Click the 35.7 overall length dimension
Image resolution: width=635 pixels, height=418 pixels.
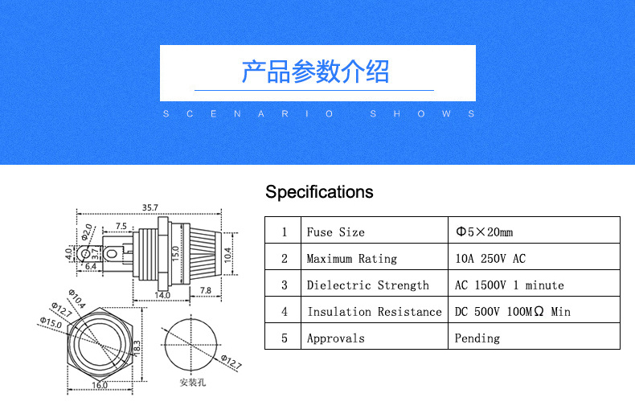tap(150, 207)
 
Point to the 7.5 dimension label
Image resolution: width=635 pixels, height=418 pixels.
tap(121, 226)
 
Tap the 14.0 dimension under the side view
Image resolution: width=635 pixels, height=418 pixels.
tap(162, 295)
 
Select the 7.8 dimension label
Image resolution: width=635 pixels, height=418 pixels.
tap(205, 290)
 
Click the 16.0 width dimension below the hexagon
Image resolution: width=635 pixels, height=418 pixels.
tap(100, 385)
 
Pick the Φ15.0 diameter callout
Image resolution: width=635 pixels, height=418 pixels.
tap(50, 322)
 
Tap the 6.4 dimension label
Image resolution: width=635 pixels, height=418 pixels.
tap(90, 266)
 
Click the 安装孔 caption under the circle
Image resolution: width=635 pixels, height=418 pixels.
tap(193, 382)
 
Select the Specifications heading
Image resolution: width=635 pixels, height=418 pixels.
tap(319, 192)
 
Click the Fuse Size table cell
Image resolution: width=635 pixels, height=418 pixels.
tap(335, 232)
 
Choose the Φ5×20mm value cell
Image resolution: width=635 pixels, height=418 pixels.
tap(484, 232)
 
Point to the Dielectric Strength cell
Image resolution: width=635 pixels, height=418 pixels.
tap(367, 285)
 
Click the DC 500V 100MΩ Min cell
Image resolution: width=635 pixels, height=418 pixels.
tap(512, 312)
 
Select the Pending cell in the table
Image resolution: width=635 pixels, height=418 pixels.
tap(477, 338)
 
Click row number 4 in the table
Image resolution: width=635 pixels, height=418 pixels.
tap(284, 312)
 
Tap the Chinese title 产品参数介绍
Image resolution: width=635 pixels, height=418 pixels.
tap(316, 72)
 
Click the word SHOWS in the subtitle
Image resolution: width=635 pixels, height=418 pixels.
tap(423, 114)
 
